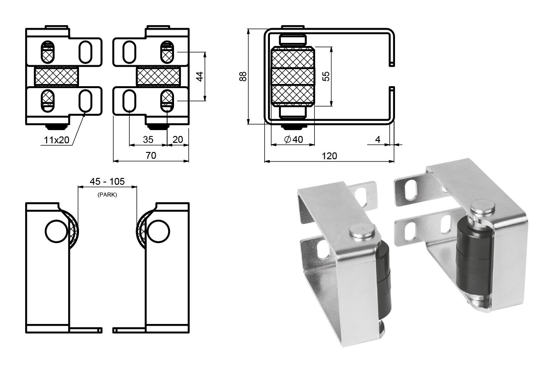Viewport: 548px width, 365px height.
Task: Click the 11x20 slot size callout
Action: (57, 140)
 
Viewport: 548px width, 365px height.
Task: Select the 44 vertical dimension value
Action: (200, 76)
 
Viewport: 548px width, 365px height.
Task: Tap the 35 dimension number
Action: (148, 140)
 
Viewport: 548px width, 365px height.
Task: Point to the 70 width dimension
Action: (151, 156)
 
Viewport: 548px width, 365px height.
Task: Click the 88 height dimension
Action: (243, 76)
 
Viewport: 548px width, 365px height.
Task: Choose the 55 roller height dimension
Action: (326, 76)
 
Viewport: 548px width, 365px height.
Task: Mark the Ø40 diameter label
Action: (294, 139)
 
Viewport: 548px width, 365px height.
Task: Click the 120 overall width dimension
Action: (329, 156)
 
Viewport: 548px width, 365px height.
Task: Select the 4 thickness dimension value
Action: (378, 139)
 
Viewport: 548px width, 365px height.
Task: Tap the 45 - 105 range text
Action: (107, 182)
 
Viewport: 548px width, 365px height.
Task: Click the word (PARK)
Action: (107, 195)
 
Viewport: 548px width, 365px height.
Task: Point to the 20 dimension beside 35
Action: (178, 140)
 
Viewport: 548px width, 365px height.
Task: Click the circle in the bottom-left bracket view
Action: (57, 231)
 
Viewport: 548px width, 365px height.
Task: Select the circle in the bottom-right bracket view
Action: (158, 231)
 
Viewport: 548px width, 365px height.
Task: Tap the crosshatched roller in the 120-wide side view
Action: (293, 76)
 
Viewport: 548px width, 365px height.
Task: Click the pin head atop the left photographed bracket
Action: (362, 231)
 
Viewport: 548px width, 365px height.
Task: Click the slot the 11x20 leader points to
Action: (85, 101)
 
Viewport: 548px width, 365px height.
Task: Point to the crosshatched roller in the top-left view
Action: (57, 76)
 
